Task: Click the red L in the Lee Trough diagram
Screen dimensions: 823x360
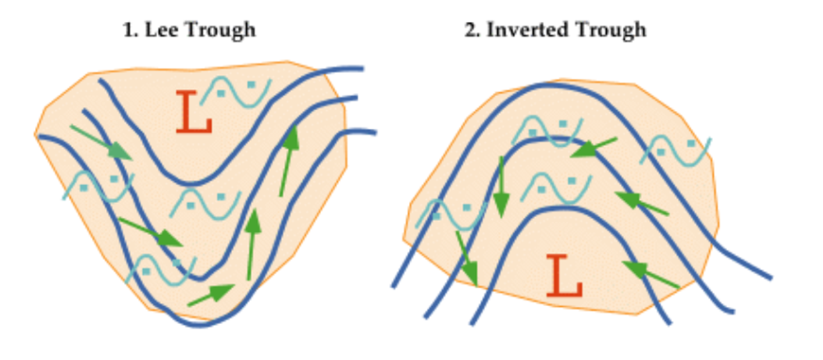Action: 194,112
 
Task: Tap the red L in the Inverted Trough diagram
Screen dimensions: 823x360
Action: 565,276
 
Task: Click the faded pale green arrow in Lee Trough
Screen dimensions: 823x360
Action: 101,141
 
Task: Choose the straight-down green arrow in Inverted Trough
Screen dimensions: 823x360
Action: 501,187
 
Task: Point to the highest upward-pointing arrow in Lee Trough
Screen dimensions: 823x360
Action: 289,161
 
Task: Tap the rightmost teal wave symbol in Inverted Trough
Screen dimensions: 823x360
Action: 675,150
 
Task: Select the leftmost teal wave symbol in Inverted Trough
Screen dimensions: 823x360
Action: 451,214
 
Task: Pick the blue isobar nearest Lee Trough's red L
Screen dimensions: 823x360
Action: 193,184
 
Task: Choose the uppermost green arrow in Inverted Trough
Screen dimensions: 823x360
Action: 593,148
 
